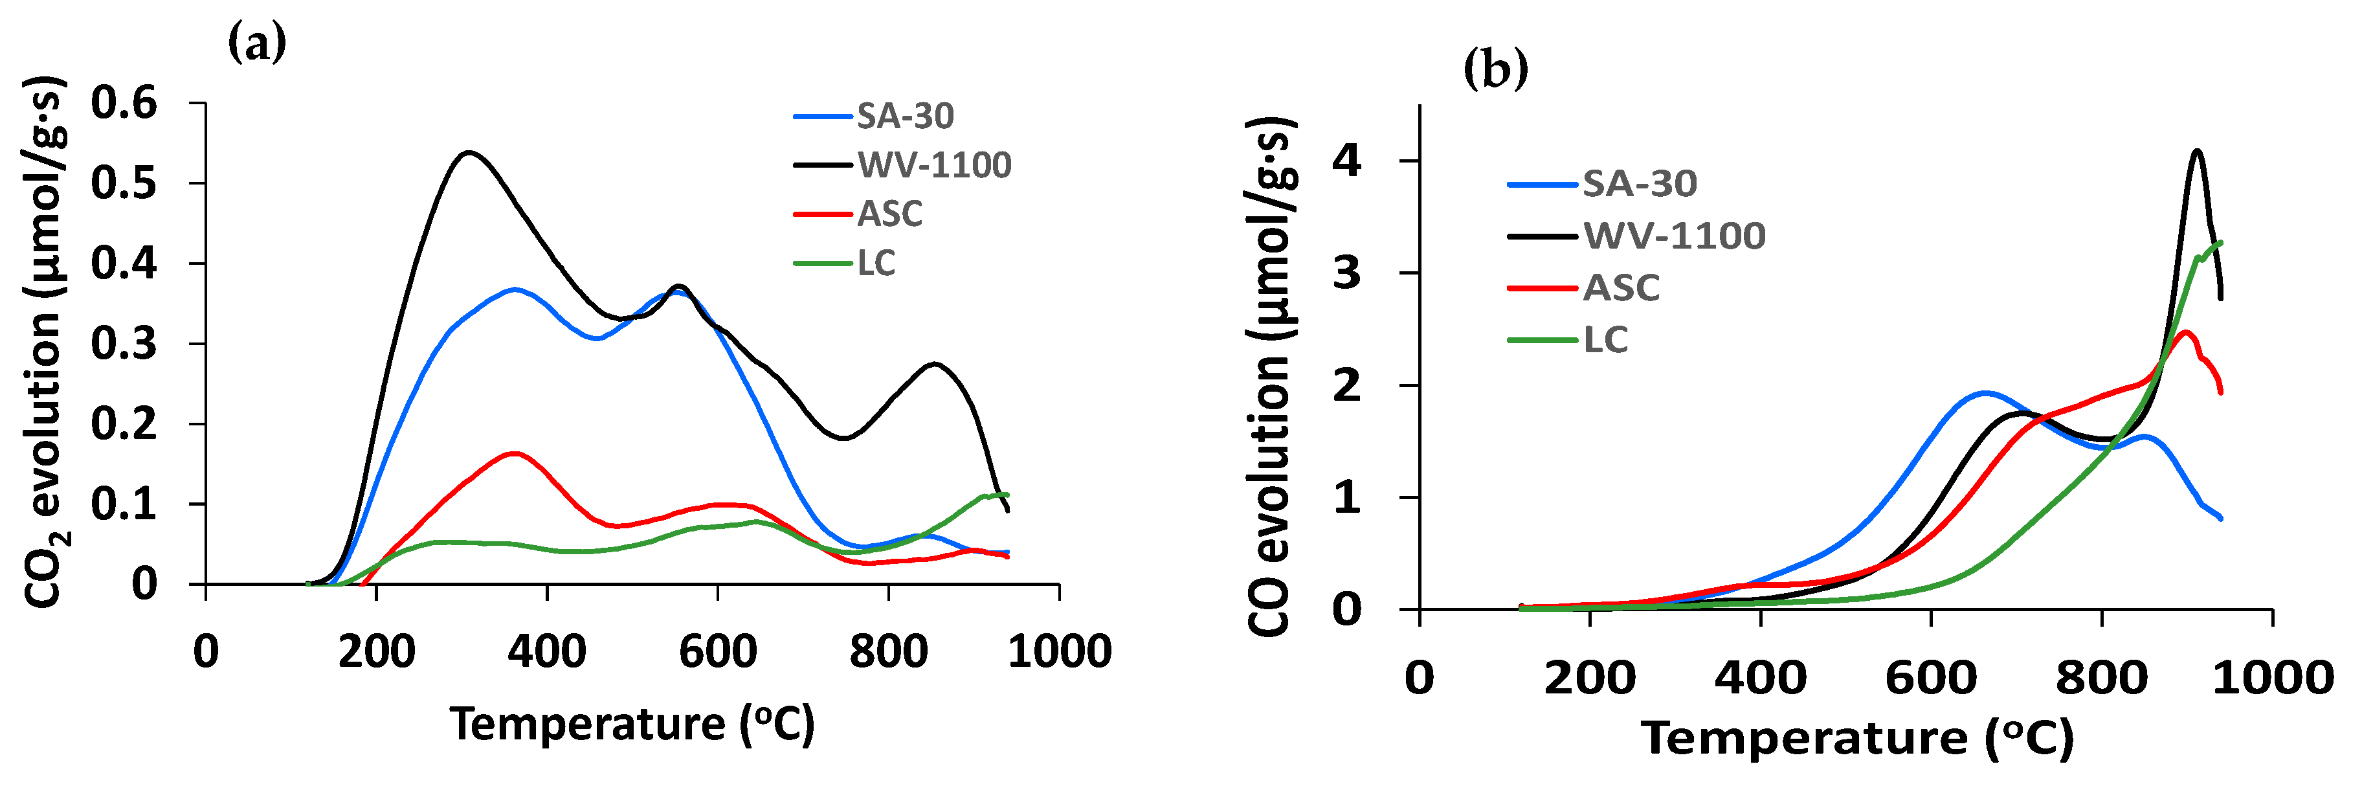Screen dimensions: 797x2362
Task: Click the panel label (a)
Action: tap(257, 43)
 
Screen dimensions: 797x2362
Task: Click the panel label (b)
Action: tap(1495, 69)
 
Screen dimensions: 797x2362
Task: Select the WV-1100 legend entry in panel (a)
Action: tap(933, 165)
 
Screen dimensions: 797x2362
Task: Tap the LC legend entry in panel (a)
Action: tap(876, 264)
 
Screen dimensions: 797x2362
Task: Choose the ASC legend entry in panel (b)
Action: tap(1621, 288)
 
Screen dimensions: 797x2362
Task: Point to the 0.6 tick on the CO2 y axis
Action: tap(124, 103)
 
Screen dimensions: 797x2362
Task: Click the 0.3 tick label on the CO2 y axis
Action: tap(124, 344)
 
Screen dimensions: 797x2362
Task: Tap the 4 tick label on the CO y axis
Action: tap(1347, 161)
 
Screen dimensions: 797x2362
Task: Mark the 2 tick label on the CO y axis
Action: tap(1347, 385)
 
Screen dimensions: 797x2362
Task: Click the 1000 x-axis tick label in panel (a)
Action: tap(1059, 652)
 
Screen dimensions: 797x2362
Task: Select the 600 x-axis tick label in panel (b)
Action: tap(1931, 678)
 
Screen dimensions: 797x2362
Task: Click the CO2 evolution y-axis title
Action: tap(44, 344)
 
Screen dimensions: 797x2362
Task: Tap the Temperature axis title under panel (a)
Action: tap(632, 724)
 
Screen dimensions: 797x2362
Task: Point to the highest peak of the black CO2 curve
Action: tap(469, 152)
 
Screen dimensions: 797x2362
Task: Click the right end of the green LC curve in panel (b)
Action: tap(2221, 243)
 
